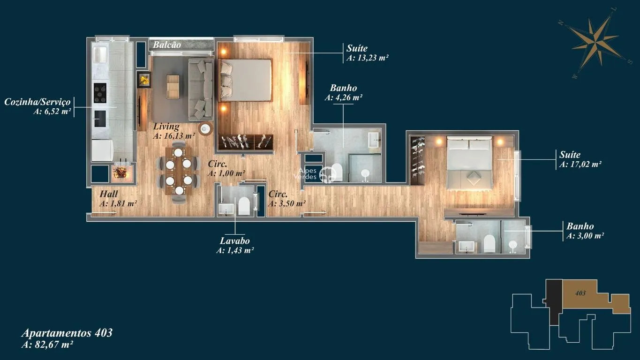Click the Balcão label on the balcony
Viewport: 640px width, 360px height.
[167, 45]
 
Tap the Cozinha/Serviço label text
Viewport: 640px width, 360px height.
[38, 102]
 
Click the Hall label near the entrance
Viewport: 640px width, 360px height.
[109, 194]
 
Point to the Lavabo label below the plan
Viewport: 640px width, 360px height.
[235, 241]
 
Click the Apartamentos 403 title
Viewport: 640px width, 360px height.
[67, 333]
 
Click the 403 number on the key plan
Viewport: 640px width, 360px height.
[580, 293]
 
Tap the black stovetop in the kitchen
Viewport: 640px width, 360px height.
[100, 93]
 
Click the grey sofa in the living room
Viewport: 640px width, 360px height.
[201, 90]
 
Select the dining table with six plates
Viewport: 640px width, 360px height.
[179, 171]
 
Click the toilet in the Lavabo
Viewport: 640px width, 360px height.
[244, 206]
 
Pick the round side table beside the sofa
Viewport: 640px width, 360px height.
[206, 129]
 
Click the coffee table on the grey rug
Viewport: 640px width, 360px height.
[173, 87]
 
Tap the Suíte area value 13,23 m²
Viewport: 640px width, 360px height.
[368, 58]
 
